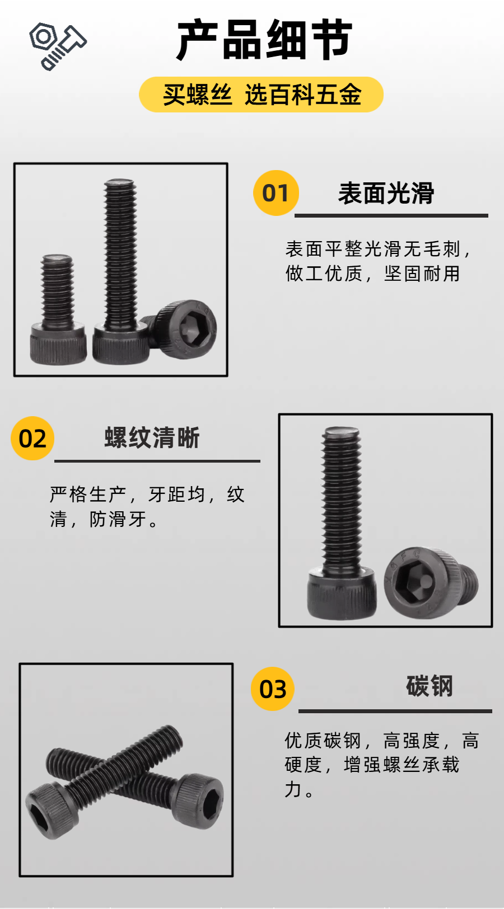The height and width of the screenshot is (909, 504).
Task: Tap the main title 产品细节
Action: point(264,40)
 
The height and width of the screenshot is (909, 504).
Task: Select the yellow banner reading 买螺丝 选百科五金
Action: point(261,95)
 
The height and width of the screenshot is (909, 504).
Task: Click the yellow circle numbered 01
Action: point(276,193)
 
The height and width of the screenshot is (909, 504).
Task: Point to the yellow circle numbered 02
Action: point(32,438)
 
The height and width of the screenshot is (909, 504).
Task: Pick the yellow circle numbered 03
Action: point(273,689)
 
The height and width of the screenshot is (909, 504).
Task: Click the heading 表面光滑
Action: point(386,193)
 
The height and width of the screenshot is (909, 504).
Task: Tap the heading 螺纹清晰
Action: point(152,437)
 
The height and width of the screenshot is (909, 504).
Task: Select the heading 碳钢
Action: point(430,686)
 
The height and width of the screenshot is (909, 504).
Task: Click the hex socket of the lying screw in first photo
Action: point(190,329)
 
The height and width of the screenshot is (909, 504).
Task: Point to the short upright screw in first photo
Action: point(58,309)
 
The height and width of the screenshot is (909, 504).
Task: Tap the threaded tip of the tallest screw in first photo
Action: point(119,184)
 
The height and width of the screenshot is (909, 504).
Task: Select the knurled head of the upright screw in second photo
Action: point(342,595)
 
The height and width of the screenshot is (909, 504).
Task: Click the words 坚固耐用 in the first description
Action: point(422,274)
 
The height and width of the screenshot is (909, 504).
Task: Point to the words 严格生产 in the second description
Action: point(88,494)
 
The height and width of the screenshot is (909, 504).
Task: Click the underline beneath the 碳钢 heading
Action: point(395,712)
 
